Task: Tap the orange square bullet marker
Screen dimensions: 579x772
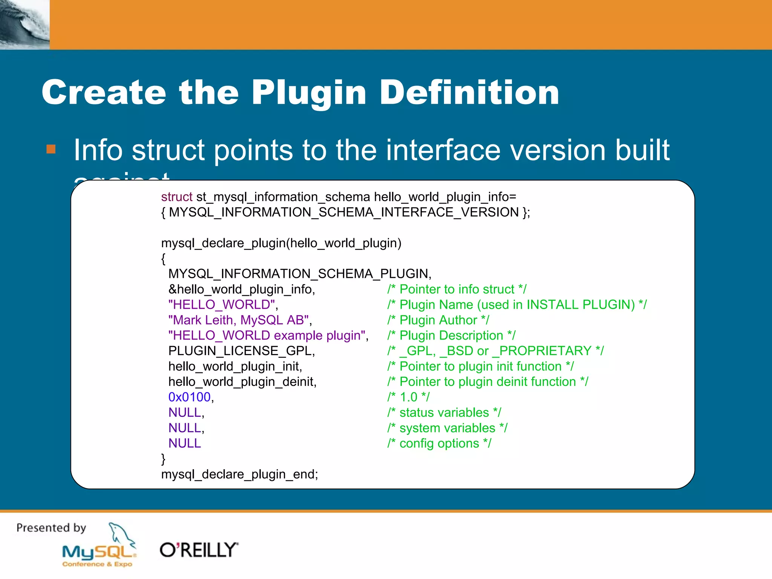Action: pos(51,149)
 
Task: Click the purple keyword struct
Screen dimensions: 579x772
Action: pos(176,197)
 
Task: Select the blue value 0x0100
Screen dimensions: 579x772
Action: pos(189,397)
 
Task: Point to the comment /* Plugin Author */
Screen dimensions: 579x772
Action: pos(438,320)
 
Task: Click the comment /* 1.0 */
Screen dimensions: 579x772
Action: pos(408,397)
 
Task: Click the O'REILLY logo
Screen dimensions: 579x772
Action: pos(199,550)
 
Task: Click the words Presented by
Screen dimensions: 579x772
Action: pos(51,528)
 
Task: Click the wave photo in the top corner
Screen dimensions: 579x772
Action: pos(25,25)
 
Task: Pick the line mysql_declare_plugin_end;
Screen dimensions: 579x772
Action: pos(239,474)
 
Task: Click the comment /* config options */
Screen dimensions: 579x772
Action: pos(439,443)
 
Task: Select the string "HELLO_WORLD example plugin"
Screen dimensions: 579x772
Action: pos(267,335)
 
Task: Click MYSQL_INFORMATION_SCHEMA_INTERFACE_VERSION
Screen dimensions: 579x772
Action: pos(344,212)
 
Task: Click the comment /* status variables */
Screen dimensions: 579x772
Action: pos(444,413)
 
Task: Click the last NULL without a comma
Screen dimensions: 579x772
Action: pos(184,443)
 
